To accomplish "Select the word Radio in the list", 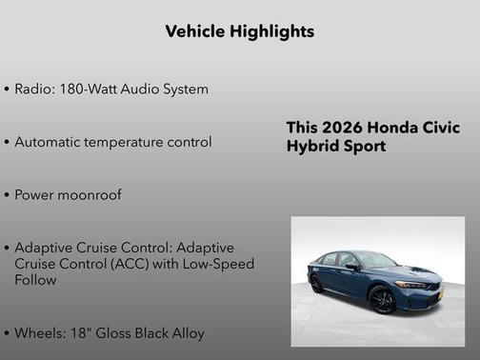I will [x=34, y=89].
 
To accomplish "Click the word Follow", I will [x=35, y=280].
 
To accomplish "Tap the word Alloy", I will [x=185, y=333].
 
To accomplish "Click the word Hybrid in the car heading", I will [x=310, y=148].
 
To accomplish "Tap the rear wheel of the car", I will [x=316, y=284].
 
